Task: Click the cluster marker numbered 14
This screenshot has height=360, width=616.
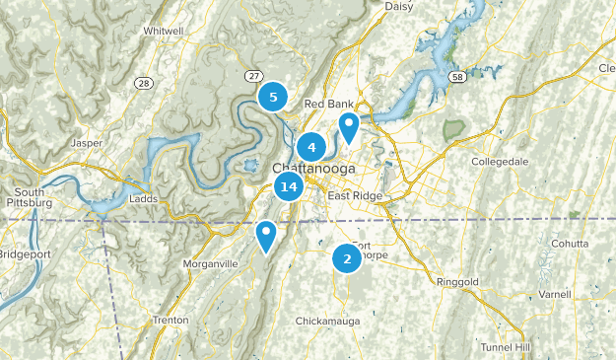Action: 288,186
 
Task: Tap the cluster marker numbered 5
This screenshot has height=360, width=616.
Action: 273,97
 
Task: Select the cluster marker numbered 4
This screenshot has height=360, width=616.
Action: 311,148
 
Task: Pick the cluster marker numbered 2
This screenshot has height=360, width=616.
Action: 346,258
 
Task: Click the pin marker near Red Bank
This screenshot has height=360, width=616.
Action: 348,126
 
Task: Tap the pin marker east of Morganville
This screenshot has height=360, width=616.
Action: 265,235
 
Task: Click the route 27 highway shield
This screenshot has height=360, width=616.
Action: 253,75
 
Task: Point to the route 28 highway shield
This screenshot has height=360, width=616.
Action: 144,82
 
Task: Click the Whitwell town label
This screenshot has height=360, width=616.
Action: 163,32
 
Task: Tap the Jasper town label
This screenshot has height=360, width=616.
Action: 87,142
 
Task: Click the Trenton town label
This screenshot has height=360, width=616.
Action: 171,320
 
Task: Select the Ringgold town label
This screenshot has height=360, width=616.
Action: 457,282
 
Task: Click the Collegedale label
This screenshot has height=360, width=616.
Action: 500,161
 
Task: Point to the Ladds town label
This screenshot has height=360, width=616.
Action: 143,198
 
